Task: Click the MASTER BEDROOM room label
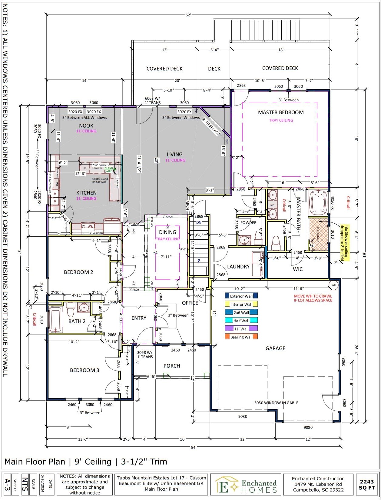pyautogui.click(x=280, y=112)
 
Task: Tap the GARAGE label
pyautogui.click(x=275, y=348)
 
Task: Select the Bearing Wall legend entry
pyautogui.click(x=241, y=337)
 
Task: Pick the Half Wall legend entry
pyautogui.click(x=241, y=320)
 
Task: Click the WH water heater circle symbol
pyautogui.click(x=333, y=285)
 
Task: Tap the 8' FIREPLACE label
pyautogui.click(x=211, y=127)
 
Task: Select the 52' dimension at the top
pyautogui.click(x=188, y=15)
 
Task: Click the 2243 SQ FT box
pyautogui.click(x=366, y=484)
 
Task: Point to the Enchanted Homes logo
pyautogui.click(x=246, y=484)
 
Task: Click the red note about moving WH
pyautogui.click(x=313, y=298)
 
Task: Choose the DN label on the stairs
pyautogui.click(x=199, y=222)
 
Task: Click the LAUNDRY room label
pyautogui.click(x=238, y=267)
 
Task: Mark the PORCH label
pyautogui.click(x=172, y=366)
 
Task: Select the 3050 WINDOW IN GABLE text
pyautogui.click(x=276, y=403)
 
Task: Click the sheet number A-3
pyautogui.click(x=7, y=484)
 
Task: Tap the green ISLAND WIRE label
pyautogui.click(x=108, y=169)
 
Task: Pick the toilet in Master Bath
pyautogui.click(x=276, y=241)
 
